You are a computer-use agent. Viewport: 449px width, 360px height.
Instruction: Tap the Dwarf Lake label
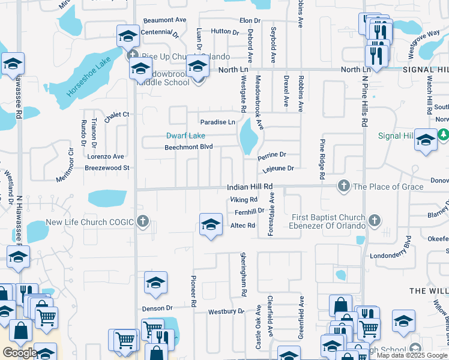[186, 136]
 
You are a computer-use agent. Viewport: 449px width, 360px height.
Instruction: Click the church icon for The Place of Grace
[344, 187]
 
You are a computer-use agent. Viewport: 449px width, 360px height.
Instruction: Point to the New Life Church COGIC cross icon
[142, 222]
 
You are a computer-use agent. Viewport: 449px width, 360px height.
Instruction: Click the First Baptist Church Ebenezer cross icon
[375, 221]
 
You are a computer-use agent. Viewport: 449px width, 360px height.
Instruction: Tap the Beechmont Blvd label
[189, 147]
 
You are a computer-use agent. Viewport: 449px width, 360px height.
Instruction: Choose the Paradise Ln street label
[217, 122]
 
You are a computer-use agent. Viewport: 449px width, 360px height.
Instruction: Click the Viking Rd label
[244, 200]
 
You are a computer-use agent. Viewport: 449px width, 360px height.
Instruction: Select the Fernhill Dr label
[249, 212]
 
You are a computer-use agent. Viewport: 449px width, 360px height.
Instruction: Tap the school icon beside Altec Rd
[210, 225]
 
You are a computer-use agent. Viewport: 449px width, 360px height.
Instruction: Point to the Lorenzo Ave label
[106, 157]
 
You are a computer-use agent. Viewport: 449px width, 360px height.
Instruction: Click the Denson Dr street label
[158, 308]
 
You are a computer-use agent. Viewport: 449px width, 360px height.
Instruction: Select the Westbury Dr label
[226, 312]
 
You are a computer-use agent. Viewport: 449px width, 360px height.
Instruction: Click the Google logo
[20, 353]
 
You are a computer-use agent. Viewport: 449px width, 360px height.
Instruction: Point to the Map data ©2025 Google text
[411, 355]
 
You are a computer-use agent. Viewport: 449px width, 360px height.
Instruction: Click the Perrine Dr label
[271, 156]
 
